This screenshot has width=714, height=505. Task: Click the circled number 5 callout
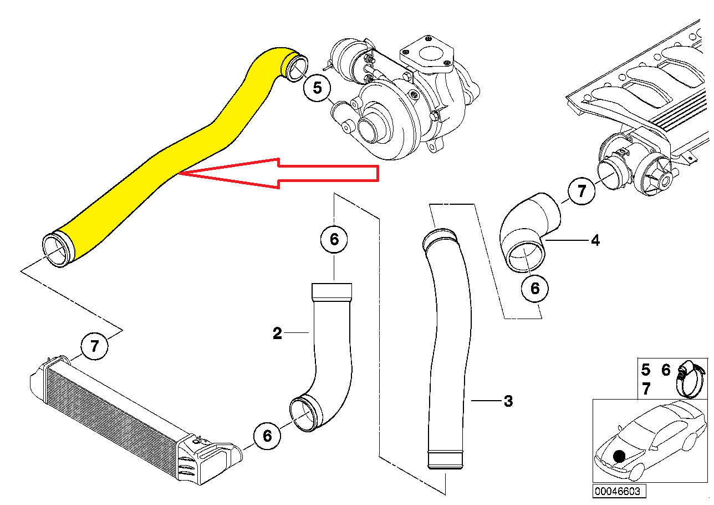[x=317, y=88]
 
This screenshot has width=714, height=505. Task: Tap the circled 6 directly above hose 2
[x=334, y=239]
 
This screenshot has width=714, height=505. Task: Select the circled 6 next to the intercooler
[x=267, y=436]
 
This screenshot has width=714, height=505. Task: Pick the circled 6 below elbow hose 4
[x=535, y=289]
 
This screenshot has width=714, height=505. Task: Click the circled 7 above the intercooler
[x=95, y=346]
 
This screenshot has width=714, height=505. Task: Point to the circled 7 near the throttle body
[x=582, y=191]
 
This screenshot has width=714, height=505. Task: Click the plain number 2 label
[x=277, y=334]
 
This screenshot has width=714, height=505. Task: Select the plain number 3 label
[x=508, y=401]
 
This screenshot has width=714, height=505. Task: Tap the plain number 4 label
[x=595, y=240]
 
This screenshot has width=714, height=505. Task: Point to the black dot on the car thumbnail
[x=619, y=456]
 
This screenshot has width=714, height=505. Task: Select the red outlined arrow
[x=279, y=173]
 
